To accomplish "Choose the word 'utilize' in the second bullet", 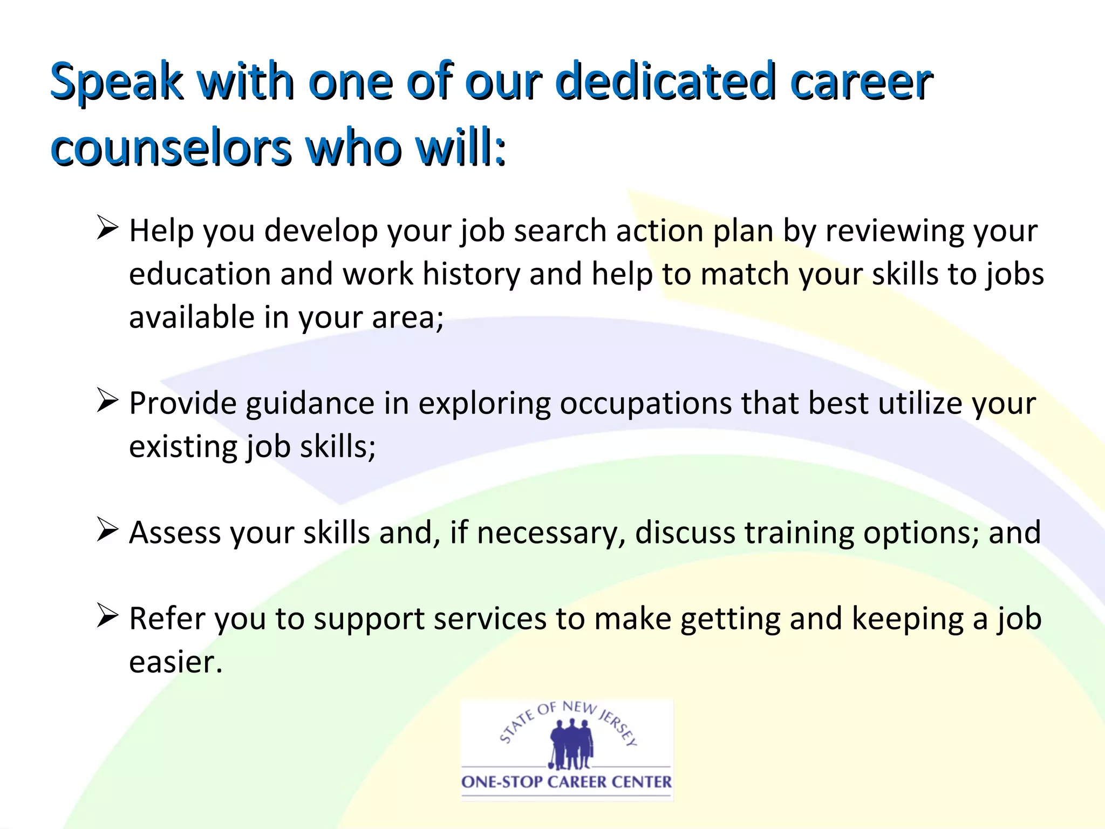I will tap(920, 403).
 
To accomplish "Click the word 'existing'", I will tap(183, 447).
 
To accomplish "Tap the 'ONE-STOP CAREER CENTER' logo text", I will tap(567, 782).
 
